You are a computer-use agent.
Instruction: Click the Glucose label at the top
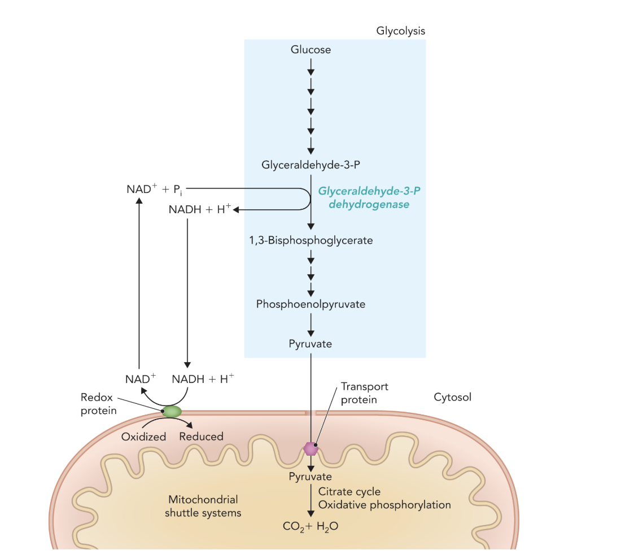[x=310, y=50]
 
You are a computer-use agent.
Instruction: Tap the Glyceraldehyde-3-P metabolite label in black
[x=310, y=165]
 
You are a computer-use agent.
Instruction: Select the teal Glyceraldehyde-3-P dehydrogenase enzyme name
[x=369, y=198]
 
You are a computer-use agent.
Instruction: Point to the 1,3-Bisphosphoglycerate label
[x=310, y=240]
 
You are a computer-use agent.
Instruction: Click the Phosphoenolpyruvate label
[x=310, y=304]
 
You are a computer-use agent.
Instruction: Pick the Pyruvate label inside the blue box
[x=310, y=344]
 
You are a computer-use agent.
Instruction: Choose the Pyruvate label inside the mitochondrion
[x=310, y=477]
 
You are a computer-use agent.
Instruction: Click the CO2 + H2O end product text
[x=311, y=526]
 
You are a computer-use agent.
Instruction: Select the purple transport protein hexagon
[x=310, y=448]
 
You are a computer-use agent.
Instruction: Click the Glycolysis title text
[x=400, y=32]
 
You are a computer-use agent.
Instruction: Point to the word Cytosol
[x=452, y=397]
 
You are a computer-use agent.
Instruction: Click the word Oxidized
[x=143, y=437]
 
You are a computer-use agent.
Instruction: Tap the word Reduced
[x=201, y=437]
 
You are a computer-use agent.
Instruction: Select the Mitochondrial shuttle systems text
[x=203, y=506]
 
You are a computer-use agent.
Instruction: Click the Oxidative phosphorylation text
[x=384, y=505]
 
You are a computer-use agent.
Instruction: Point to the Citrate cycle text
[x=349, y=492]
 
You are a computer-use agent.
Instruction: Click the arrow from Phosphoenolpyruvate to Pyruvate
[x=311, y=324]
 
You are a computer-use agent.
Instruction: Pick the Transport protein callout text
[x=365, y=393]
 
